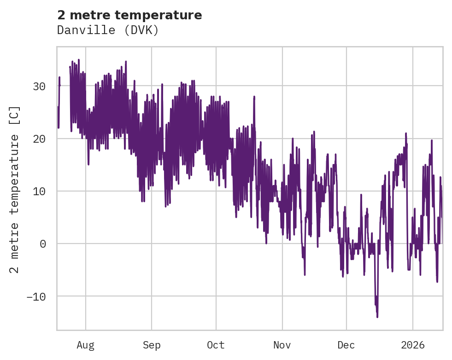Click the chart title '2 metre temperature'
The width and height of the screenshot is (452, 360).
pos(129,15)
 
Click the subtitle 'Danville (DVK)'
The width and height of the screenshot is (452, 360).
pos(108,30)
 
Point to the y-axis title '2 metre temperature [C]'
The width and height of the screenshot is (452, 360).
pos(15,190)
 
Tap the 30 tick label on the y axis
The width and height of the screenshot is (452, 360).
pos(39,86)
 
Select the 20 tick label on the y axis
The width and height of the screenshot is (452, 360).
pos(39,139)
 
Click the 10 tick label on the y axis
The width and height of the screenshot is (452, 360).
pos(39,191)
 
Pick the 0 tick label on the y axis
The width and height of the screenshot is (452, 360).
pos(43,244)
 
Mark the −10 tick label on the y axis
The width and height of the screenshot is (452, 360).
pos(36,296)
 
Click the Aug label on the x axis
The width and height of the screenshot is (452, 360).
pos(85,345)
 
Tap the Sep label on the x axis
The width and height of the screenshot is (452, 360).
pos(151,345)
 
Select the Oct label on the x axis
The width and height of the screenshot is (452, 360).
pos(216,345)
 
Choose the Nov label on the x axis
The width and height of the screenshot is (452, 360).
pos(282,345)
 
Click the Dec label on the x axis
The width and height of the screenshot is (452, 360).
pos(346,345)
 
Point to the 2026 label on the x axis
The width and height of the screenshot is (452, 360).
pos(412,345)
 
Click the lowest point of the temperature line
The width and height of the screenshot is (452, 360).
pos(377,317)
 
